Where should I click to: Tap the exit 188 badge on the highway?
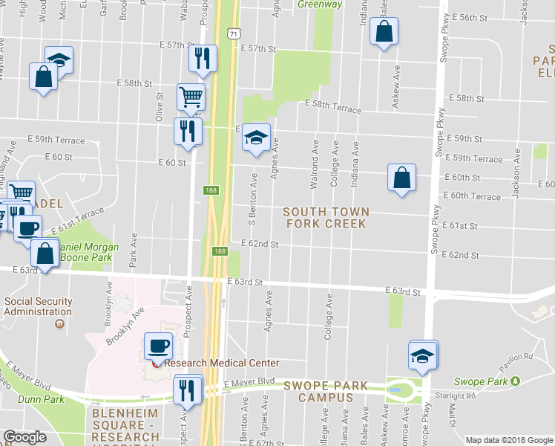coord(211,191)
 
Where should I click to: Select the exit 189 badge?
coord(220,251)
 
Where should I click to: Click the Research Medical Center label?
coord(221,363)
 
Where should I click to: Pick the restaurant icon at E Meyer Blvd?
coord(187,389)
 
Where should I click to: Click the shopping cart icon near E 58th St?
coord(191,97)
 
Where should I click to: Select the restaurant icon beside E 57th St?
coord(203,58)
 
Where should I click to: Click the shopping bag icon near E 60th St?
coord(401,178)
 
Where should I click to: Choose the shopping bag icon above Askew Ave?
coord(383,32)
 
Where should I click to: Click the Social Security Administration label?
coord(39,306)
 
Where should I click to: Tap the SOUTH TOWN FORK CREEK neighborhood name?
coord(326,218)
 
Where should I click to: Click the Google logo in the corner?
coord(25,437)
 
